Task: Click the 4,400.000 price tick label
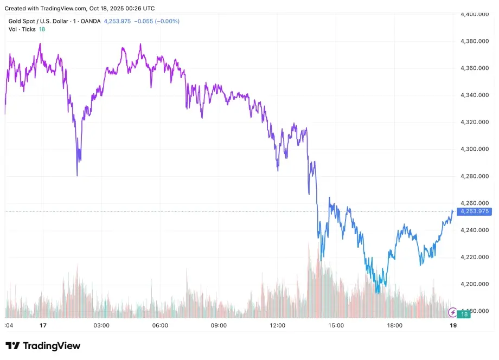click(475, 14)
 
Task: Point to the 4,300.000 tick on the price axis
click(475, 149)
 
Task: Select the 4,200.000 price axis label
click(475, 284)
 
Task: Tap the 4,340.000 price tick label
click(475, 95)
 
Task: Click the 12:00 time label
click(277, 326)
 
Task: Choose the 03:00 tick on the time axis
click(101, 326)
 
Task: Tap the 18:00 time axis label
click(394, 326)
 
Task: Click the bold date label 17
click(43, 326)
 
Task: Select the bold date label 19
click(453, 326)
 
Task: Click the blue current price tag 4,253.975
click(475, 211)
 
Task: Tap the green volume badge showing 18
click(464, 314)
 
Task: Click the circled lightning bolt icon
click(452, 312)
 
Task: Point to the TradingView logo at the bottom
click(43, 346)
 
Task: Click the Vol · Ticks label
click(21, 29)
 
